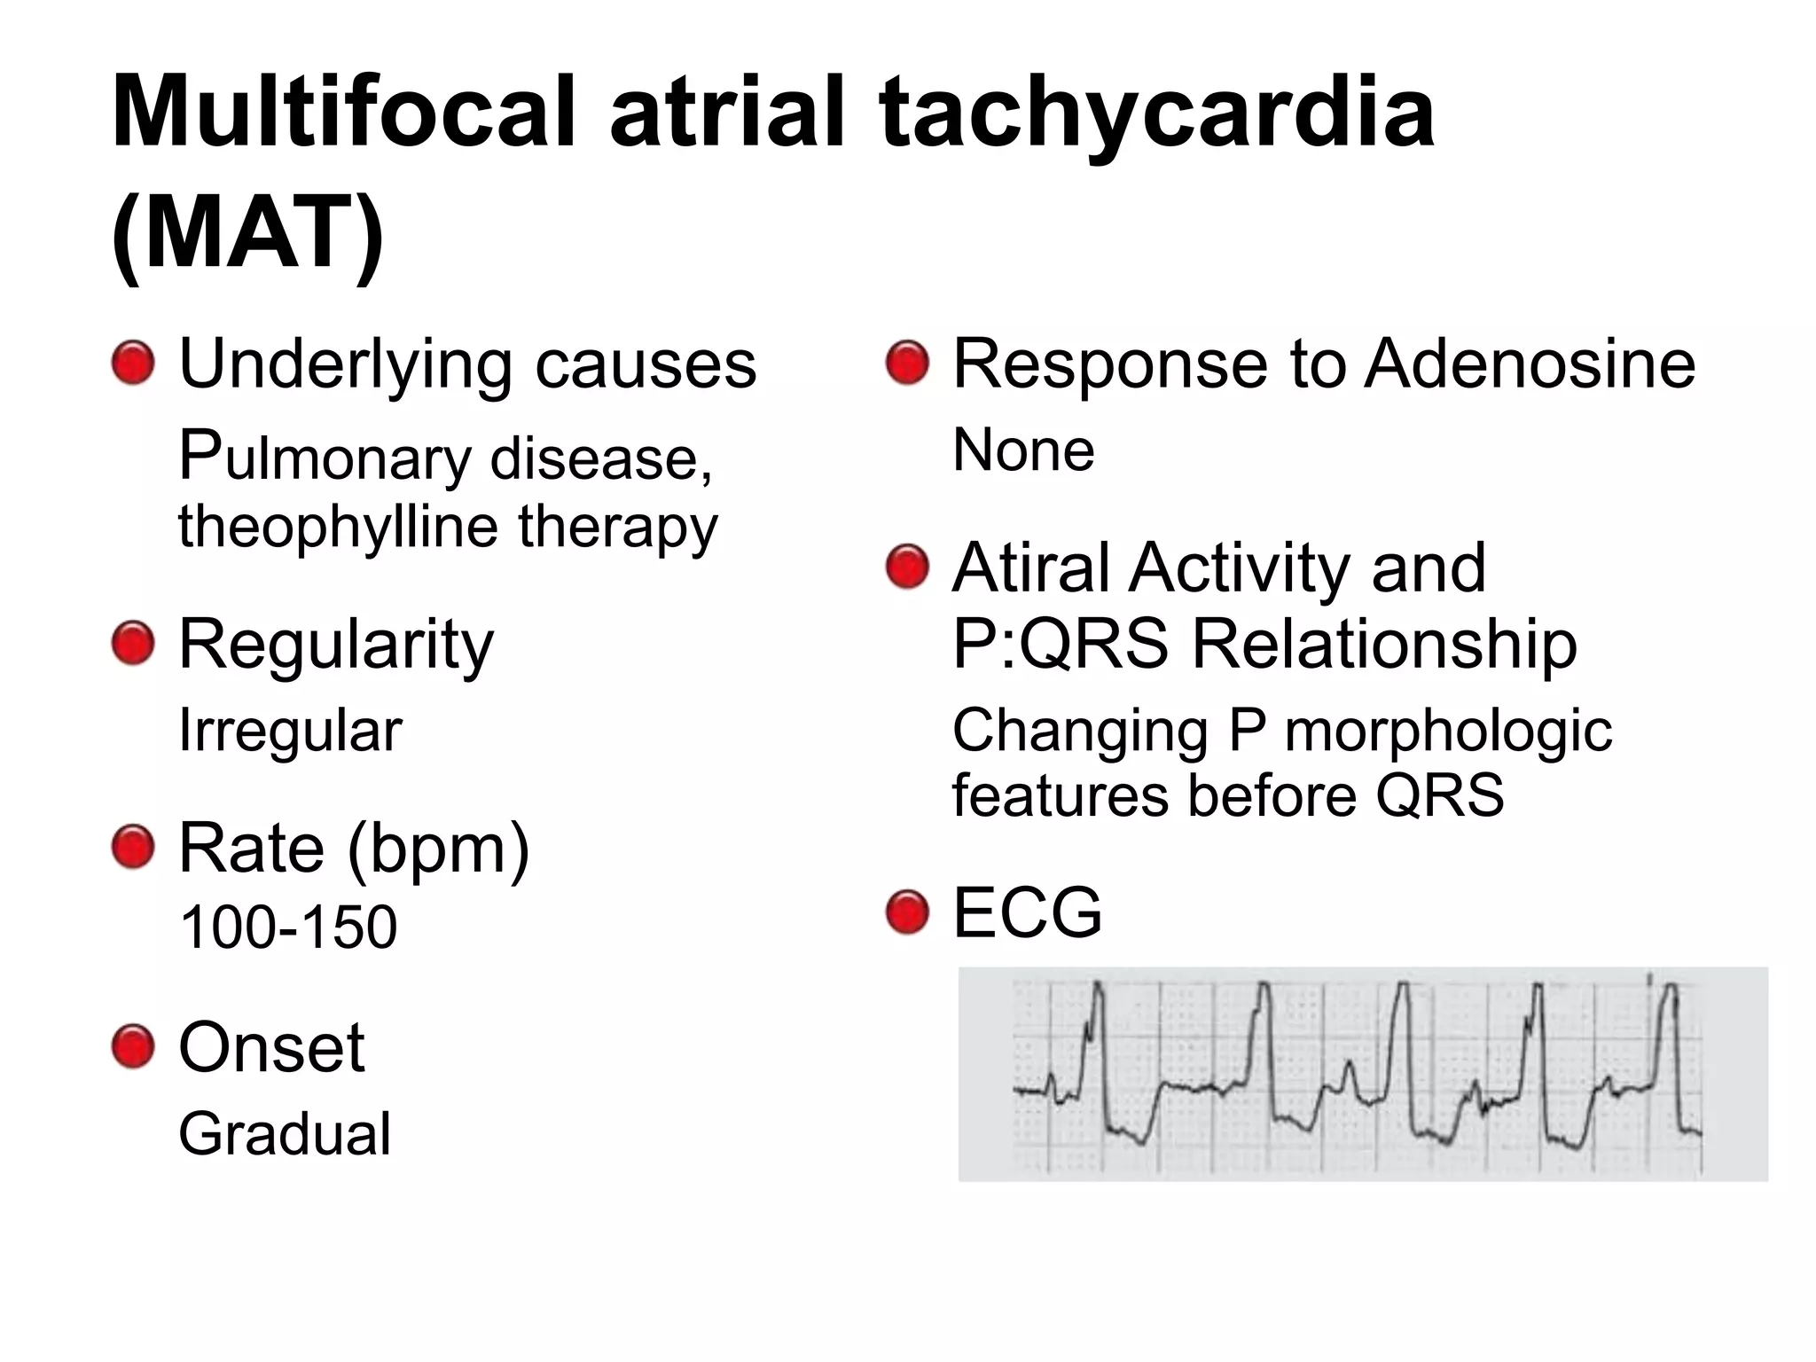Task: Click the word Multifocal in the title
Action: pyautogui.click(x=344, y=113)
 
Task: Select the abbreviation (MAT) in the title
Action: pyautogui.click(x=248, y=232)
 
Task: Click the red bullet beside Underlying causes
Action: pyautogui.click(x=134, y=364)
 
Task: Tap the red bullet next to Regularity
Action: pyautogui.click(x=134, y=643)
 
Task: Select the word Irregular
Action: pyautogui.click(x=290, y=731)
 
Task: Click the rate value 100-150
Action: pyautogui.click(x=288, y=928)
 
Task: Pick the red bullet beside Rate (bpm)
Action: pyautogui.click(x=134, y=848)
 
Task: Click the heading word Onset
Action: pyautogui.click(x=271, y=1047)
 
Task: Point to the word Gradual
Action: pyautogui.click(x=285, y=1134)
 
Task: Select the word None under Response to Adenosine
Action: pyautogui.click(x=1023, y=450)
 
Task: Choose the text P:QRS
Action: pyautogui.click(x=1061, y=643)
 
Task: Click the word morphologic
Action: pyautogui.click(x=1448, y=731)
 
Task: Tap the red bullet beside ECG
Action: pyautogui.click(x=907, y=912)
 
